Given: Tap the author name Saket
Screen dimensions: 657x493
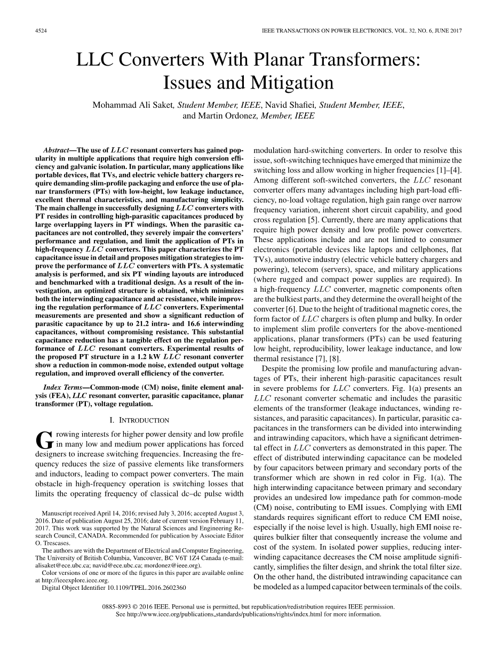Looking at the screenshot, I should (x=162, y=105).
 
